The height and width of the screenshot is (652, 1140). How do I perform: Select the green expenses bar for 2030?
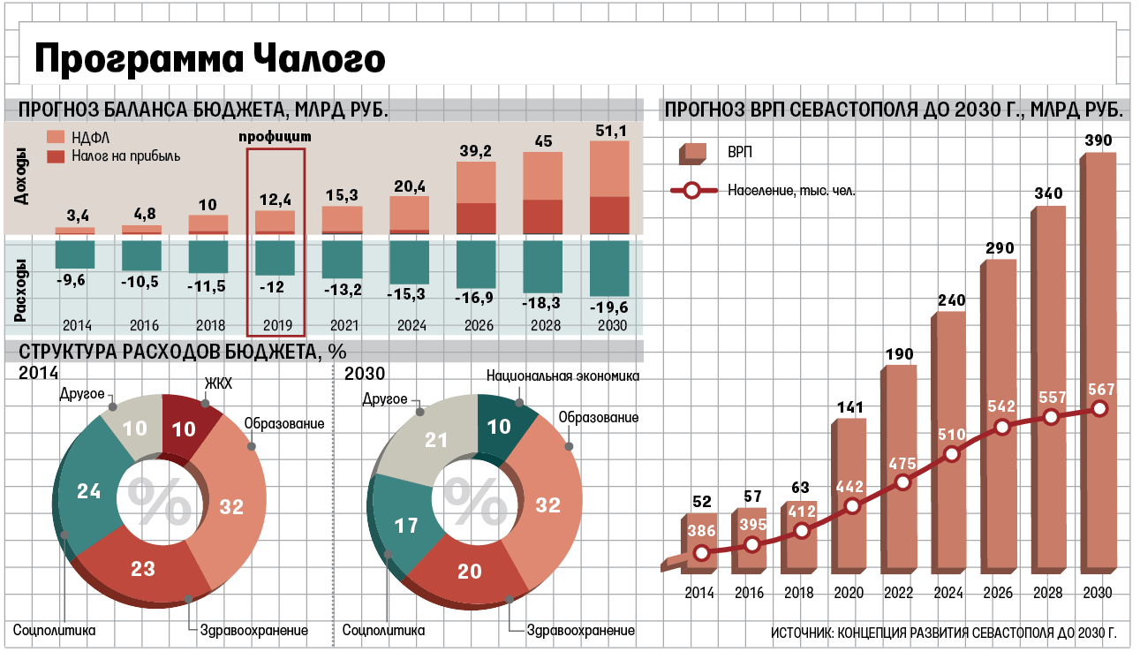[608, 269]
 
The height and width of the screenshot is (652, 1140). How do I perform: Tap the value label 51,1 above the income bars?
[608, 131]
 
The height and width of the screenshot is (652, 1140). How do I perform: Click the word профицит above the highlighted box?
[276, 138]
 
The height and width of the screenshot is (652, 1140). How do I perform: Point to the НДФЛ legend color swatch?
[56, 136]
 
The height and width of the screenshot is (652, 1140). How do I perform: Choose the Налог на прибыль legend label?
[126, 156]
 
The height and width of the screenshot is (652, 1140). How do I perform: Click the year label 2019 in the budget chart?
[275, 324]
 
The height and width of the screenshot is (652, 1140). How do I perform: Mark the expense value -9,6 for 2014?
[70, 281]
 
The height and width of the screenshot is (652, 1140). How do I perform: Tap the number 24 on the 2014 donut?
[88, 491]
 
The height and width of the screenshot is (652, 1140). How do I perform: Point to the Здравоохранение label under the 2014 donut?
[254, 631]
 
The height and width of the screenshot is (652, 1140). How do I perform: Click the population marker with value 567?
[1099, 408]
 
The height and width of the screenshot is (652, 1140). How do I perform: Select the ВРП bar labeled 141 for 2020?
[849, 495]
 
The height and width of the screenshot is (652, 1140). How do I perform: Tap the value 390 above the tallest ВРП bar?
[1098, 141]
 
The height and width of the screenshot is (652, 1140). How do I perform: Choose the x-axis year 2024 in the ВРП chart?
[948, 593]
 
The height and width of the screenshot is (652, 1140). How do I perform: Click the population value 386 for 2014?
[701, 532]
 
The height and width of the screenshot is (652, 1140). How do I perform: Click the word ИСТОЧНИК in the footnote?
[804, 634]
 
